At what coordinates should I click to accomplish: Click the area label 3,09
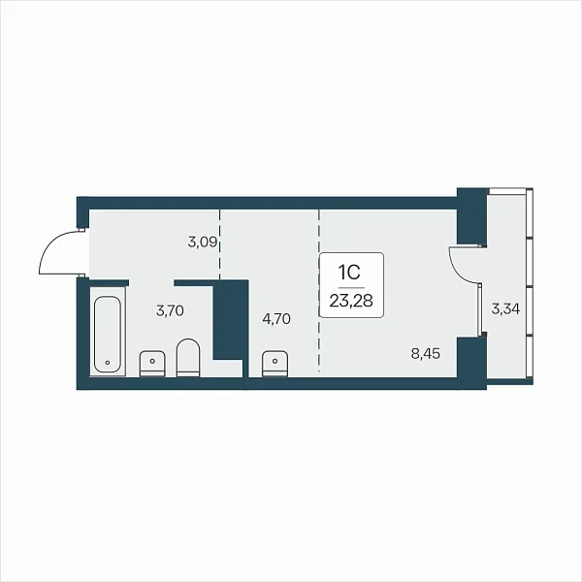[203, 242]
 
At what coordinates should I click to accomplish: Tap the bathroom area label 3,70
[170, 310]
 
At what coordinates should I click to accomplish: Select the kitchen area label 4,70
[276, 319]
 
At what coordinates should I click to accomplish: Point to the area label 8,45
[426, 353]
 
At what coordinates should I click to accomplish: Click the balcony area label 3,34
[505, 308]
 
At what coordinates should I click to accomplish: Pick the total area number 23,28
[351, 301]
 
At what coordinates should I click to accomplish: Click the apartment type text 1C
[349, 273]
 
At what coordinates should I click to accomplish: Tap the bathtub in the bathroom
[108, 334]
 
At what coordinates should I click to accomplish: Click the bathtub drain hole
[108, 362]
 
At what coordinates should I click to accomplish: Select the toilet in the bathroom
[188, 357]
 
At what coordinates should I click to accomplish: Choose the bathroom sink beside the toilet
[152, 364]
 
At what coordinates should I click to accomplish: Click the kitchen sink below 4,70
[275, 364]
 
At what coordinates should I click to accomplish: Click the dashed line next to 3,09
[220, 244]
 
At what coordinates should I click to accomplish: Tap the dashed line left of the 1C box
[319, 291]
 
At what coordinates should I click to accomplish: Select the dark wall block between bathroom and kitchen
[230, 319]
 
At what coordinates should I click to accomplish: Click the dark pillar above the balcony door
[471, 216]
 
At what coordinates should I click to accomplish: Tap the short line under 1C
[351, 288]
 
